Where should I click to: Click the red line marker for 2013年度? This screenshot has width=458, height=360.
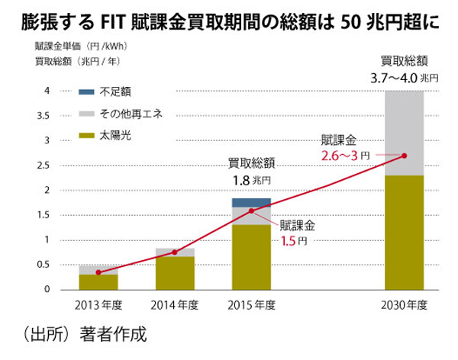(98, 272)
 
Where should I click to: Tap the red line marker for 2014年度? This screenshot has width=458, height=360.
(175, 252)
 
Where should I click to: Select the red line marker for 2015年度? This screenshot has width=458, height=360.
(251, 211)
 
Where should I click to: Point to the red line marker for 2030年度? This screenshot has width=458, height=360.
(404, 156)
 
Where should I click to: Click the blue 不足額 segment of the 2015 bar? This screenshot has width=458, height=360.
(251, 202)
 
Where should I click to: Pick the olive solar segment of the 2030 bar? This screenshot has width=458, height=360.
(404, 232)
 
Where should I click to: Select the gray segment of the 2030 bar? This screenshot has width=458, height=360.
(404, 122)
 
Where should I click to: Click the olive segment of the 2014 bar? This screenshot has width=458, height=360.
(175, 272)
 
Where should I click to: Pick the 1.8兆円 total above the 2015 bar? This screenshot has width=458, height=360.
(251, 180)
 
